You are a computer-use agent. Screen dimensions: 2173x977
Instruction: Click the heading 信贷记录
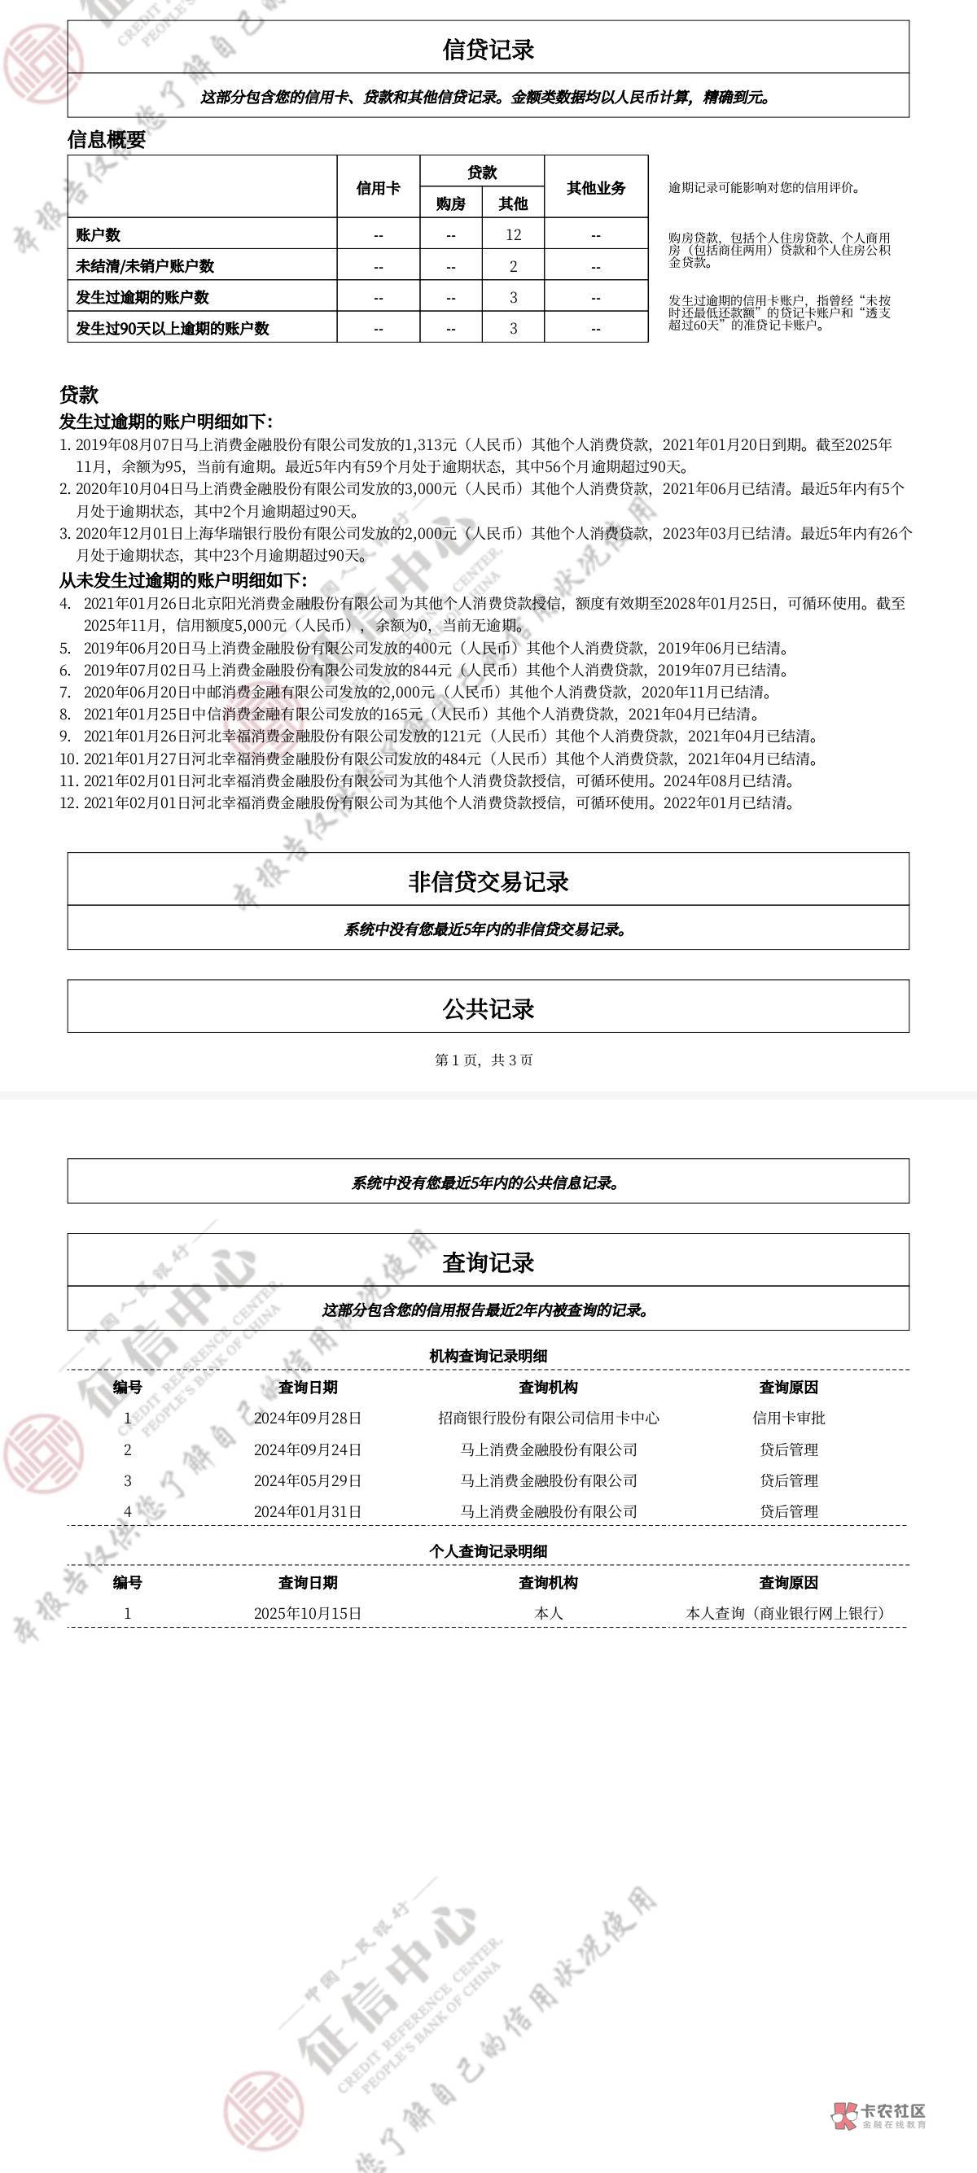(x=488, y=50)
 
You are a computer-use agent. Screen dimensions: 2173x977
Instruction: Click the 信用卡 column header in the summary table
(x=378, y=188)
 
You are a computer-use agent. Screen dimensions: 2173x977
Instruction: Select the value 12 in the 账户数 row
(x=513, y=234)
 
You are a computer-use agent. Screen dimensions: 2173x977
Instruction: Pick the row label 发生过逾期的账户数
(x=142, y=297)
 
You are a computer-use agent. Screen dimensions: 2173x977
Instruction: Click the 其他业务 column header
(x=596, y=188)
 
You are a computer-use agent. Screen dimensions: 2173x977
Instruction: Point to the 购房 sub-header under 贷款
(x=450, y=203)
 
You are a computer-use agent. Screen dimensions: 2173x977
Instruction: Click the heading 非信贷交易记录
(x=488, y=881)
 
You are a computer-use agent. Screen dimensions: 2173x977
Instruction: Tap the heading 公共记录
(x=488, y=1009)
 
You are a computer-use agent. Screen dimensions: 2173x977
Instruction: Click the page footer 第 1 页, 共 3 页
(x=484, y=1060)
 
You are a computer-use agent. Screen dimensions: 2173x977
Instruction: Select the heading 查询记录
(x=488, y=1263)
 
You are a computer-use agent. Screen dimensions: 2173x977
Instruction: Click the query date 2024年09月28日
(x=307, y=1418)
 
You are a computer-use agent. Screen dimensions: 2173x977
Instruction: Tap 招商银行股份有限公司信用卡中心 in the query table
(x=549, y=1418)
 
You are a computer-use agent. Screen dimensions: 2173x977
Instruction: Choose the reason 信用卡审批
(x=788, y=1418)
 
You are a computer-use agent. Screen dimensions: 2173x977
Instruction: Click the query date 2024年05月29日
(x=307, y=1480)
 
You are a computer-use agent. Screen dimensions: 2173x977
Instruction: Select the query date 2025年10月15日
(x=307, y=1613)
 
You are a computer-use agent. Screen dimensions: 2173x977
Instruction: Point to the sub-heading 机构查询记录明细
(x=488, y=1356)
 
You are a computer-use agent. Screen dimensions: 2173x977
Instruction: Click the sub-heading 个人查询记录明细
(x=488, y=1550)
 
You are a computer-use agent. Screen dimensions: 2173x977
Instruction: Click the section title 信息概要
(x=107, y=140)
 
